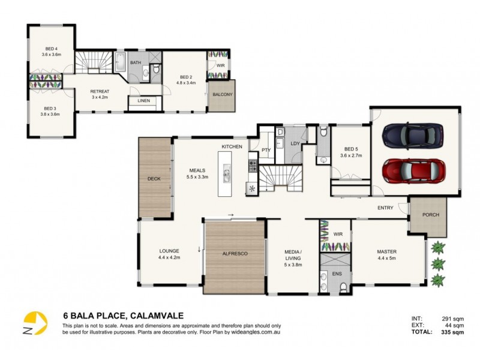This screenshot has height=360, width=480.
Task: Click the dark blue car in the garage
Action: [x=414, y=135]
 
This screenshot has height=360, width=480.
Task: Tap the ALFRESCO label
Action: [x=235, y=254]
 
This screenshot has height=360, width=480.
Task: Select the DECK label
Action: [x=154, y=179]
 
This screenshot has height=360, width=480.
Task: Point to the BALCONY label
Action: [x=222, y=94]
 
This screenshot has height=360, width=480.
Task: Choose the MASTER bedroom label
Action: [x=386, y=251]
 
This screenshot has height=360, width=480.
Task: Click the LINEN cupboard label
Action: [x=143, y=101]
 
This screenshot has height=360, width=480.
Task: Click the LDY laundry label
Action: [x=295, y=144]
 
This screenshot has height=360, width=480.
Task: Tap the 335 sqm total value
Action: [x=454, y=331]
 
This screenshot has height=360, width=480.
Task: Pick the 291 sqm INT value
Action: [x=454, y=318]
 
